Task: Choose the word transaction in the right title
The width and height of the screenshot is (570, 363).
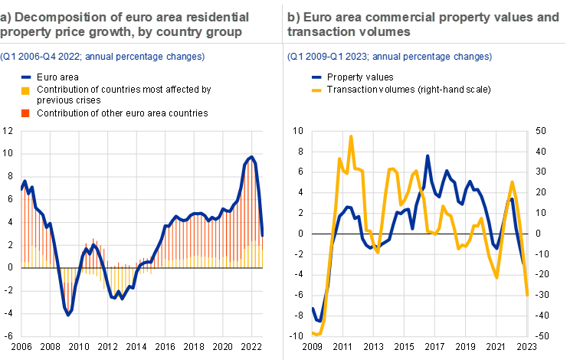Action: click(x=321, y=32)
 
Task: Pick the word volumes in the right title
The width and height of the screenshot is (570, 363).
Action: click(x=385, y=32)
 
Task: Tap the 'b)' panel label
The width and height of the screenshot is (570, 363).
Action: click(x=293, y=17)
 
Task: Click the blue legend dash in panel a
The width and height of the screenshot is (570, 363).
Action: click(x=26, y=77)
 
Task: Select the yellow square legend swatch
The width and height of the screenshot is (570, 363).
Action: click(x=25, y=91)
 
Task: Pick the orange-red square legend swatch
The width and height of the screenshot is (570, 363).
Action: click(x=25, y=113)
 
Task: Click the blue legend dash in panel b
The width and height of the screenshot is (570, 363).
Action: click(x=317, y=77)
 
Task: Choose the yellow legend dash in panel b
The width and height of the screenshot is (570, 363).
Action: click(x=317, y=90)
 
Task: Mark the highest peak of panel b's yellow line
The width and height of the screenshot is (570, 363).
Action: click(x=351, y=137)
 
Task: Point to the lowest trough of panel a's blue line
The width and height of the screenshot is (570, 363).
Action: click(x=68, y=313)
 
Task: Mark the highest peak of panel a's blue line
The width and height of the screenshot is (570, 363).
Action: click(x=251, y=157)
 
